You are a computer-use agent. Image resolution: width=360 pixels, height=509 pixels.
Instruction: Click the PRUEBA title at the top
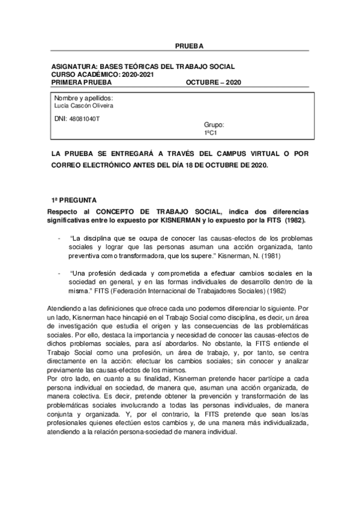pyautogui.click(x=190, y=46)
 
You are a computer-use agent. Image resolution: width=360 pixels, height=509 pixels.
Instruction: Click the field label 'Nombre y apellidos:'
pyautogui.click(x=84, y=98)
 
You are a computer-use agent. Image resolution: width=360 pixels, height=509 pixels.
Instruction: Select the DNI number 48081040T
pyautogui.click(x=85, y=118)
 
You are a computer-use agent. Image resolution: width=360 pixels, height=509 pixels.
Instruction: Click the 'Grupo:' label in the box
pyautogui.click(x=214, y=125)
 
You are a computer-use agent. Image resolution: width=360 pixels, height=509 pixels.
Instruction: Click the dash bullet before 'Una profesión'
pyautogui.click(x=59, y=273)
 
